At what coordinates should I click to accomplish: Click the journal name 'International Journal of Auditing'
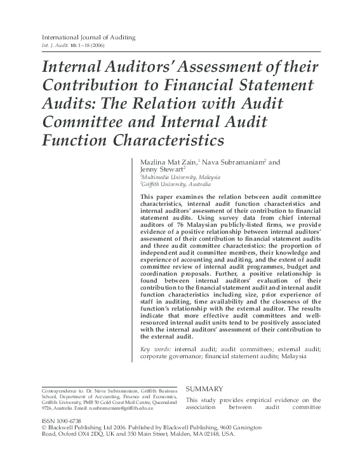click(x=88, y=37)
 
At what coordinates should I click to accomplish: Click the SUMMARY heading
click(x=204, y=388)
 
